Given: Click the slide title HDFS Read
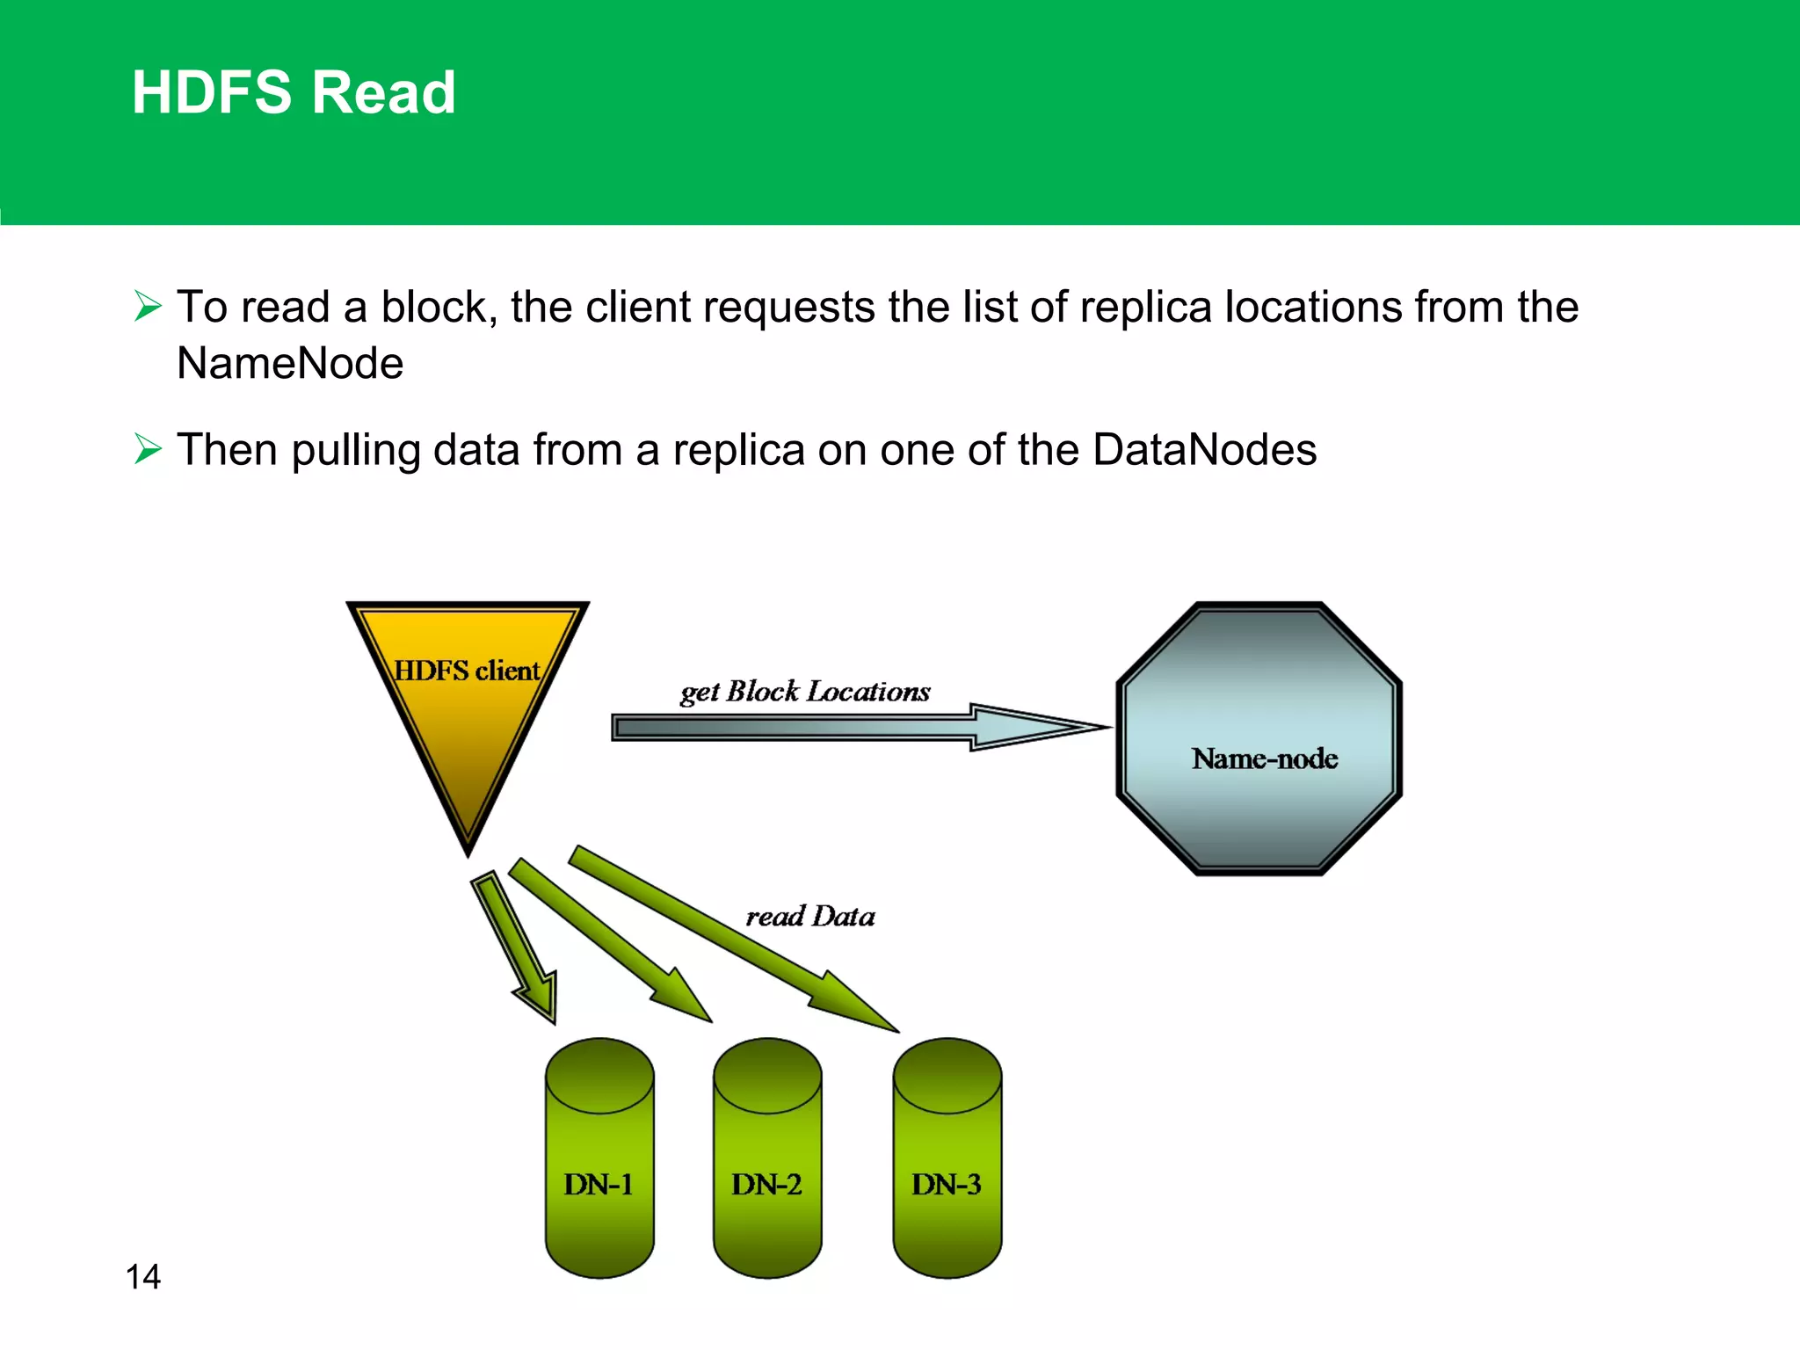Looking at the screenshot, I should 294,92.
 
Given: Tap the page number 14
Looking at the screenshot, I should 143,1276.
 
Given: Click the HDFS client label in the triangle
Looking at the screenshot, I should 466,671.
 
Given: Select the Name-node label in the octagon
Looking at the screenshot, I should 1264,758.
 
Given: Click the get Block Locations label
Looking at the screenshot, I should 804,692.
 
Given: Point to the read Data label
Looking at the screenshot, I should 809,917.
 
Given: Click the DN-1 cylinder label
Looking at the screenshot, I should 599,1185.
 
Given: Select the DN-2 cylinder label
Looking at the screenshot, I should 766,1185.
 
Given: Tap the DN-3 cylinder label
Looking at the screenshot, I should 946,1185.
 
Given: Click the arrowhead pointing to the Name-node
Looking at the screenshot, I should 1037,728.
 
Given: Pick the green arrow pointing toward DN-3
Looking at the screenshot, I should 729,936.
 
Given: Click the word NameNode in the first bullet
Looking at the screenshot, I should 290,363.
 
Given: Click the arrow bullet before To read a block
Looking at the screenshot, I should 148,306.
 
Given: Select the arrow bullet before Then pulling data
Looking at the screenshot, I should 148,449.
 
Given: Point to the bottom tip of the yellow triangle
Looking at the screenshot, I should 468,851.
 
